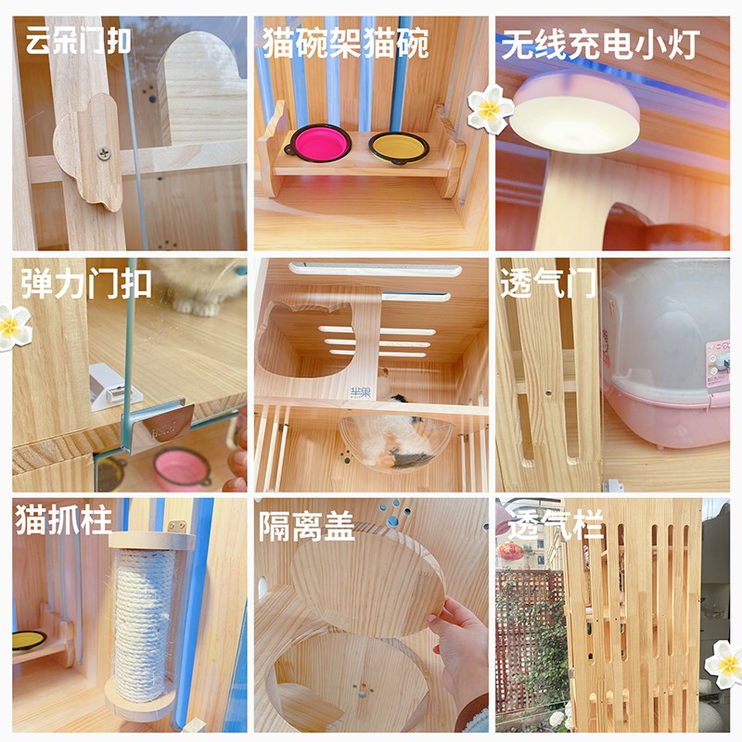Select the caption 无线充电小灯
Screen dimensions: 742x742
(598, 45)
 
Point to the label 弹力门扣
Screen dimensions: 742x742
(86, 283)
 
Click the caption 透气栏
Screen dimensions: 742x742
(556, 526)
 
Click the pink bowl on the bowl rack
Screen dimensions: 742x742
(317, 144)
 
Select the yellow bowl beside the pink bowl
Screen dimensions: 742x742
(399, 146)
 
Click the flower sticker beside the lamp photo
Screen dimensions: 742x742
(490, 109)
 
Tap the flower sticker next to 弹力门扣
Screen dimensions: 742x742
(16, 326)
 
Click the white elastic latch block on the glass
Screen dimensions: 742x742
(109, 386)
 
